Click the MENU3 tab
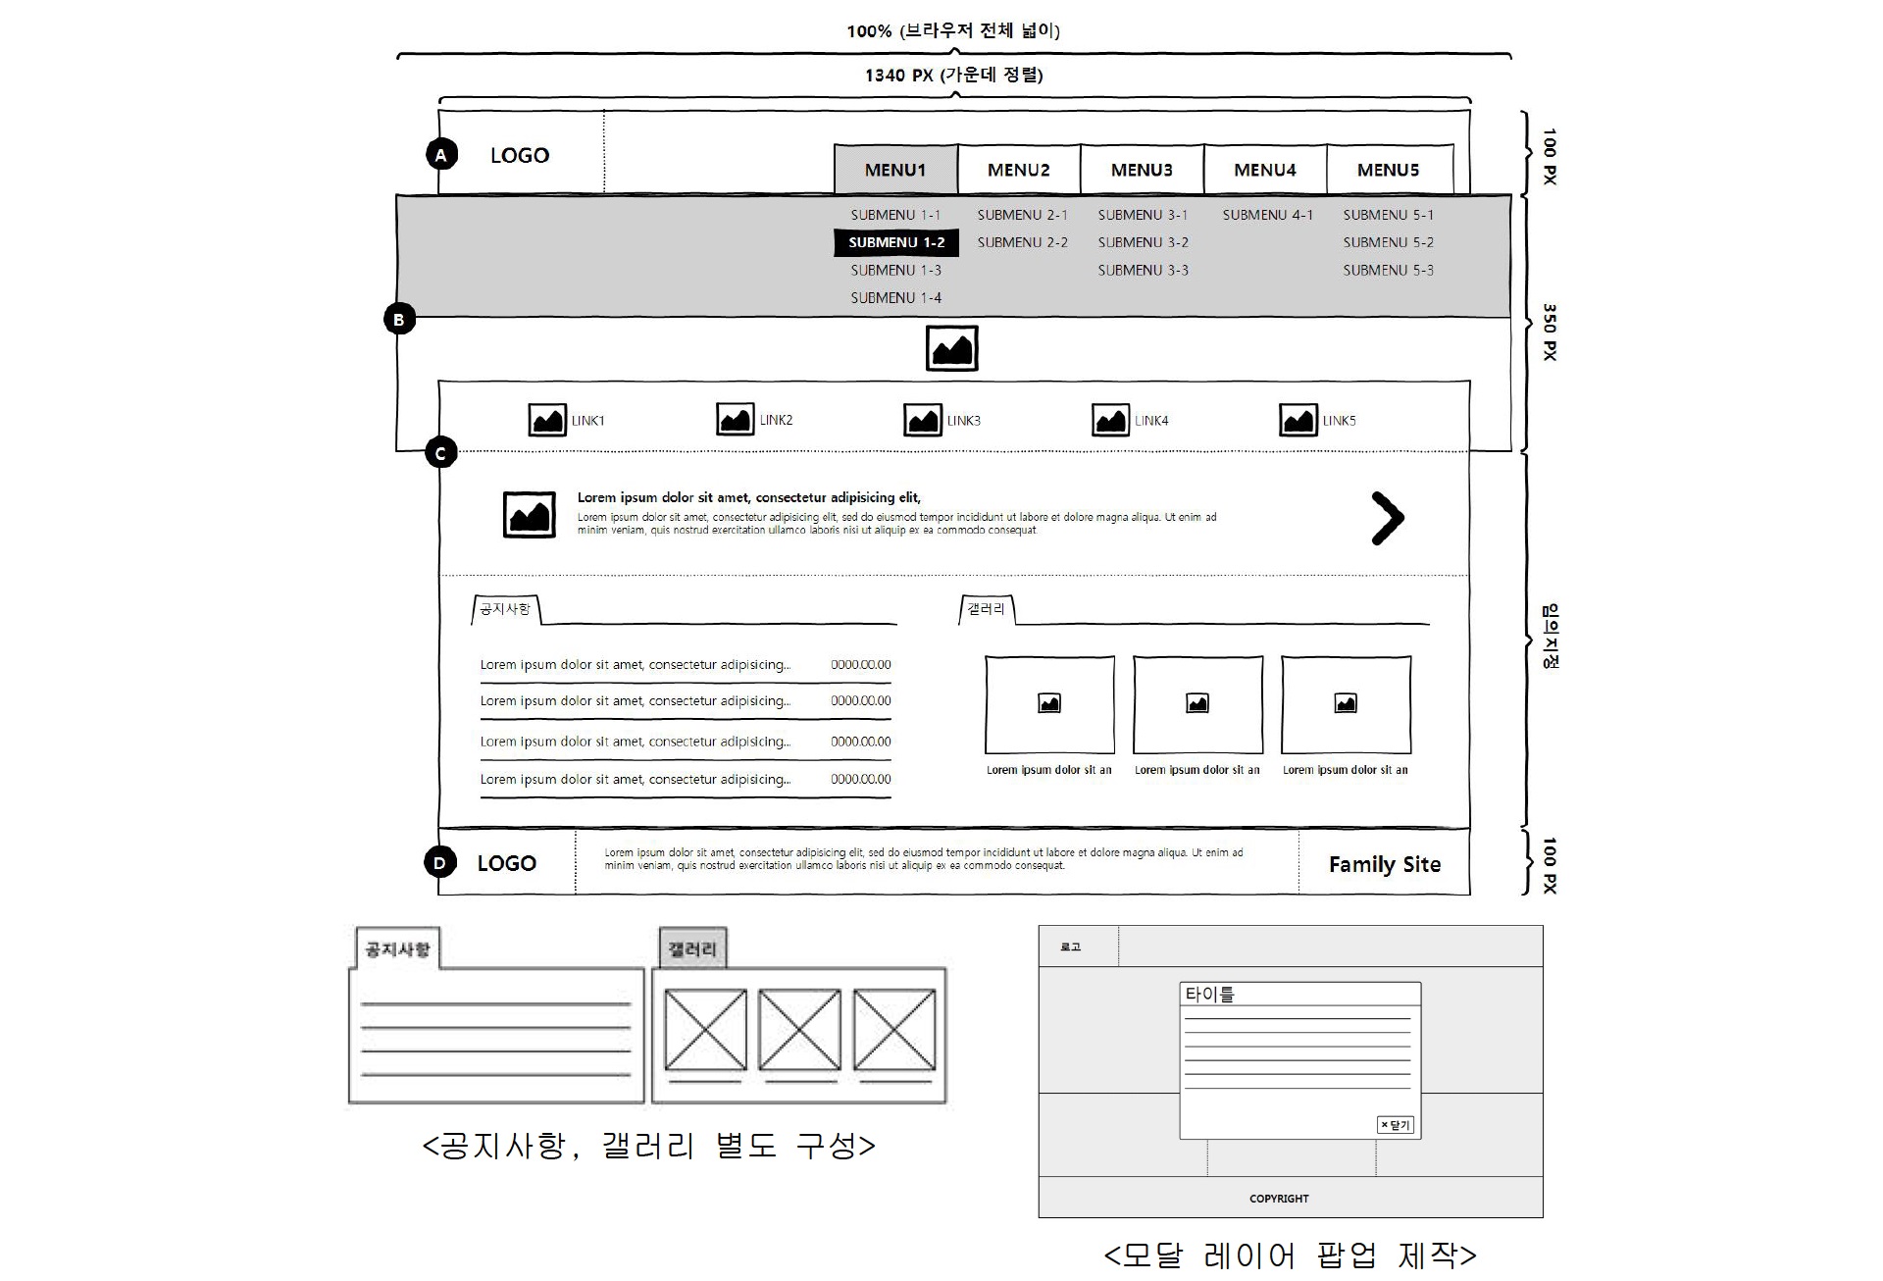pos(1142,170)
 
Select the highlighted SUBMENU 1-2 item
pos(896,242)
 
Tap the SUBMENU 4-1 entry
pos(1267,215)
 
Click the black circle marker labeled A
pos(441,155)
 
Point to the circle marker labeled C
pos(441,453)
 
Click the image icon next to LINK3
pos(923,420)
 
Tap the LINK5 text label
pos(1339,421)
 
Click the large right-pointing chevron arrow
pos(1387,519)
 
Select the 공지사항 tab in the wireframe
pos(505,609)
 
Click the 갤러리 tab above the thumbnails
pos(986,609)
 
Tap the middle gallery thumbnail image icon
pos(1197,703)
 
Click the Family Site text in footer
pos(1384,864)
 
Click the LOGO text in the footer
pos(506,863)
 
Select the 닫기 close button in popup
pos(1396,1125)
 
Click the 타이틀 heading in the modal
pos(1209,994)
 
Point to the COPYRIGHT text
pos(1279,1199)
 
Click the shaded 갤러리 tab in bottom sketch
pos(692,948)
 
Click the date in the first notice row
pos(861,665)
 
